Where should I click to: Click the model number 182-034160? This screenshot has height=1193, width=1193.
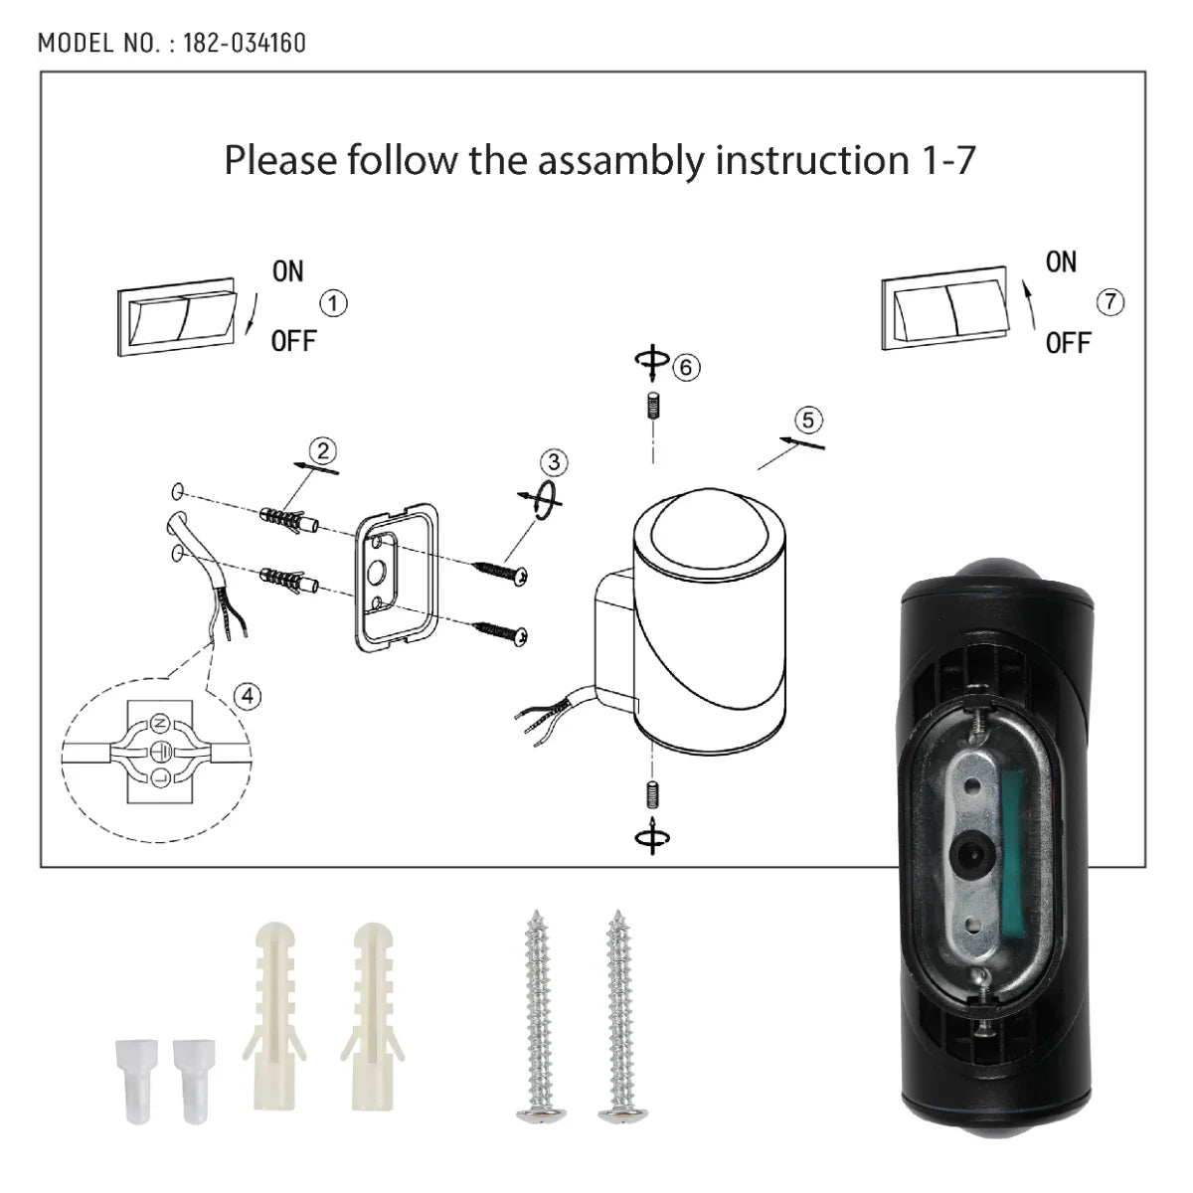[x=245, y=43]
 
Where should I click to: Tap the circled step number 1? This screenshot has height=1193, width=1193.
[x=336, y=304]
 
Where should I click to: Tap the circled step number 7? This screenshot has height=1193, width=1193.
[x=1110, y=301]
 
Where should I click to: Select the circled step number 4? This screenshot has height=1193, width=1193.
[x=248, y=696]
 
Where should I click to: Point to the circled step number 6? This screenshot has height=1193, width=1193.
[x=685, y=367]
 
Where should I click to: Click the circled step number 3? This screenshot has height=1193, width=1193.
[x=554, y=462]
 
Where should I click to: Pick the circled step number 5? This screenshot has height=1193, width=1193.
[x=808, y=420]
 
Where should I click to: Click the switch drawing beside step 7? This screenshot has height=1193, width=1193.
[x=944, y=312]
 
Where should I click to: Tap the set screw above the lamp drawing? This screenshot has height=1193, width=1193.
[x=652, y=409]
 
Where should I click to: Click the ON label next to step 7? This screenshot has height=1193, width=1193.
[x=1061, y=262]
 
